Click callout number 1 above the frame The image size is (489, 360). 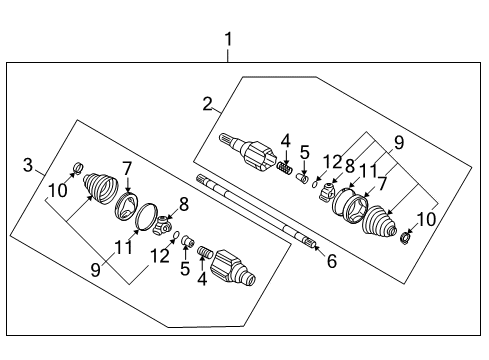[x=228, y=40]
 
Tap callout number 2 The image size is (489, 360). [x=207, y=103]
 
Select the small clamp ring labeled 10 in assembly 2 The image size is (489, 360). [x=407, y=239]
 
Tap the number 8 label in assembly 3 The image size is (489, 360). [x=183, y=205]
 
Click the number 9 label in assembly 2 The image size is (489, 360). [x=400, y=143]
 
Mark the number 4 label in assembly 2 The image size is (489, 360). [x=285, y=141]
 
